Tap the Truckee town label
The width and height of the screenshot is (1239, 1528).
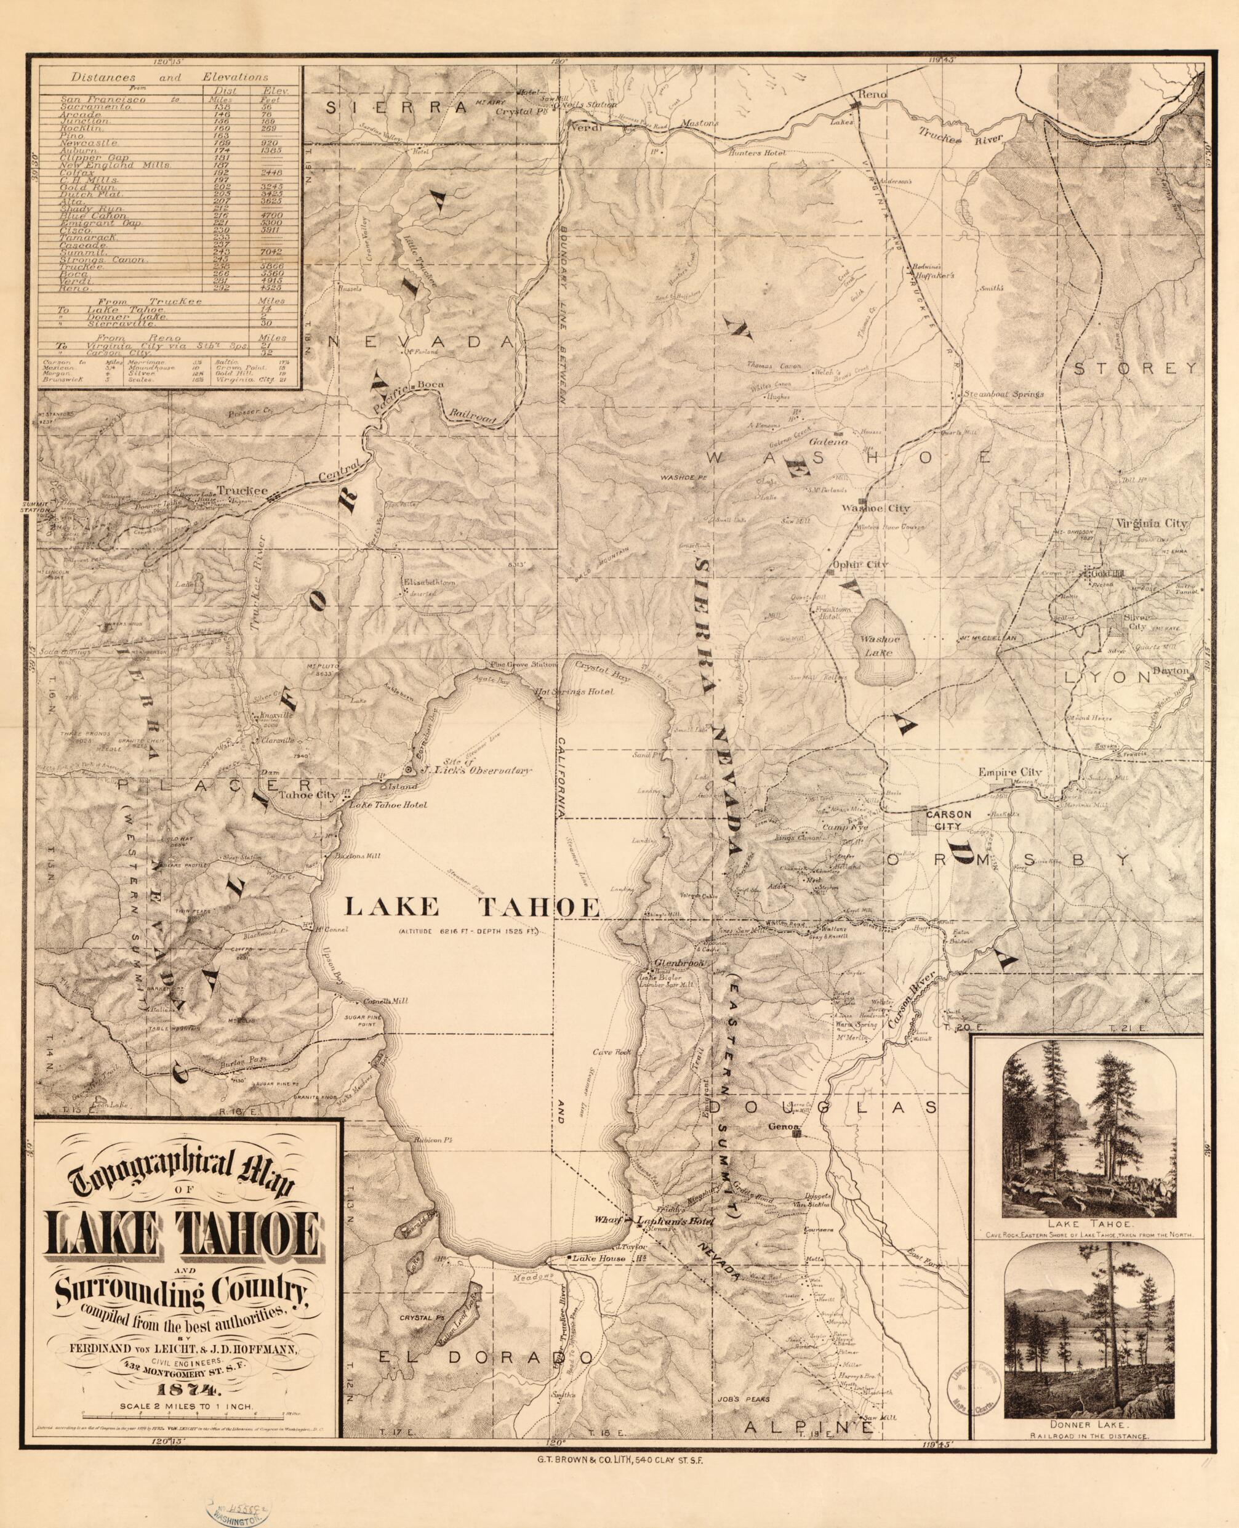click(242, 491)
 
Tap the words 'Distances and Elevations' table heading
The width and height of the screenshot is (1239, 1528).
click(170, 76)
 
